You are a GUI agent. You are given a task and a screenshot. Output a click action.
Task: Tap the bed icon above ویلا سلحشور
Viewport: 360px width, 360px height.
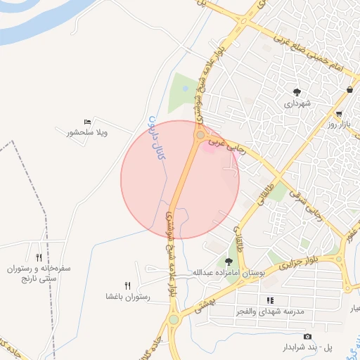pyautogui.click(x=87, y=122)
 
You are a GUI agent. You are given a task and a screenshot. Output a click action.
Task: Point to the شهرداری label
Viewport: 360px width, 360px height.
pyautogui.click(x=297, y=103)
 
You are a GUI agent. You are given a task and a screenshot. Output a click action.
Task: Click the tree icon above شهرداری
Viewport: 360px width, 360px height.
pyautogui.click(x=297, y=92)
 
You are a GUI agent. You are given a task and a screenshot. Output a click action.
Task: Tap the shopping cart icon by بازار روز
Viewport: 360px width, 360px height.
pyautogui.click(x=339, y=114)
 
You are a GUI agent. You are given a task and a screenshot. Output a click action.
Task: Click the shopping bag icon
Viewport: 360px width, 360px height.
pyautogui.click(x=349, y=90)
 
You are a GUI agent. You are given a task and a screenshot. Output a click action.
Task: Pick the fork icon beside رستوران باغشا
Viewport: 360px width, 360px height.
pyautogui.click(x=127, y=285)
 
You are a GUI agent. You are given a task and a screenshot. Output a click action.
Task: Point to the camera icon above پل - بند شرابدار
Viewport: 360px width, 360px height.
pyautogui.click(x=307, y=337)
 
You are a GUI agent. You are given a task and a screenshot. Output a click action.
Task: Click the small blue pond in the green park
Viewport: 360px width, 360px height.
pyautogui.click(x=185, y=89)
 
